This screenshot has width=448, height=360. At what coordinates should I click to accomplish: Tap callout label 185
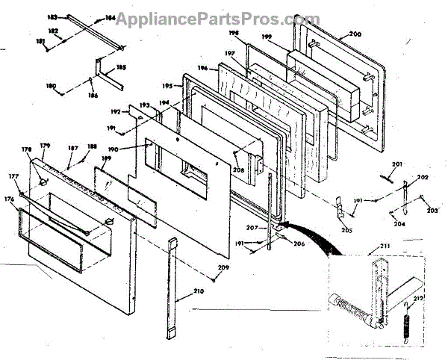pos(121,67)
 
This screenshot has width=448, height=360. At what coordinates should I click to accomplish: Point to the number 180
pos(51,86)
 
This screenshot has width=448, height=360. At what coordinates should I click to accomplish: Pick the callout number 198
pos(233,34)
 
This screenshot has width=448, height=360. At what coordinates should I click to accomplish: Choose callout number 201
pos(397,164)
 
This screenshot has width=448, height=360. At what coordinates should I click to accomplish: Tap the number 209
pos(223,267)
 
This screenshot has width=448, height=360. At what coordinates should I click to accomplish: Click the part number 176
pos(10,199)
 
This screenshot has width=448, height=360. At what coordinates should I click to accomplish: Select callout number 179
pos(45,145)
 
